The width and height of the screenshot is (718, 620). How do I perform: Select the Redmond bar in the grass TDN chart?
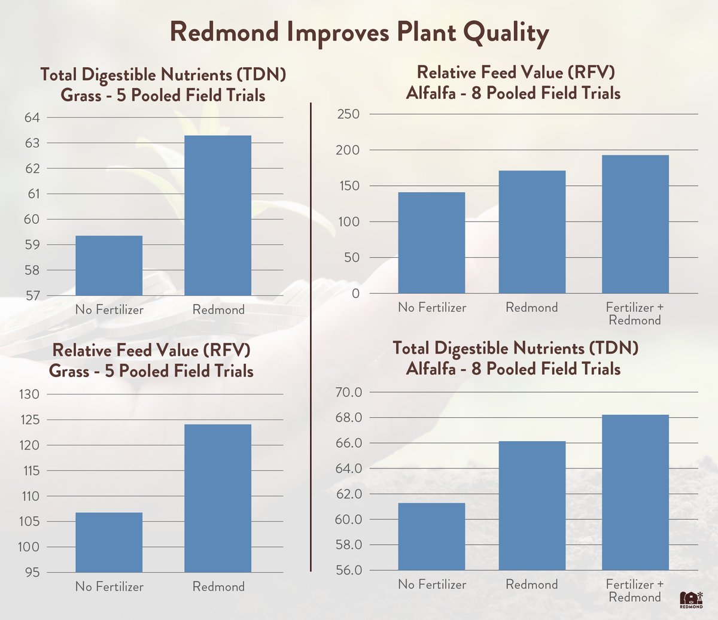coord(218,215)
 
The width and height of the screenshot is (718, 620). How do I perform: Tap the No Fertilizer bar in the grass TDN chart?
coord(109,265)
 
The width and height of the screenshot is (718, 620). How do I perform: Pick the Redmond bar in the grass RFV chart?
coord(218,498)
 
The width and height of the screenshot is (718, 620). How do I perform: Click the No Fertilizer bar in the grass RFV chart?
coord(109,542)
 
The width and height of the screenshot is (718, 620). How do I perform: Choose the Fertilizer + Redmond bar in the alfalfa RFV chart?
coord(635,224)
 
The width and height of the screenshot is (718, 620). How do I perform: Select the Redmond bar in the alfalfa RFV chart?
coord(532,232)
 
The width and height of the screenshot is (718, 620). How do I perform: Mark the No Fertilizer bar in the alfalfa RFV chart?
coord(431,242)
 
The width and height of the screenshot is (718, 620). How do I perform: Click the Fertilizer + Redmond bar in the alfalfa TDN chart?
coord(635,492)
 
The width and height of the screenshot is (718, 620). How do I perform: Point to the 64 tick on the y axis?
coord(31,118)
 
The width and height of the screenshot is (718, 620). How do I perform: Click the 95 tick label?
coord(31,573)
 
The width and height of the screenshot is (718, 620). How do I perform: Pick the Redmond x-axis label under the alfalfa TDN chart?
coord(532,585)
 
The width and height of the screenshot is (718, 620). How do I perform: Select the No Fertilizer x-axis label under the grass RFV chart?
coord(109,587)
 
